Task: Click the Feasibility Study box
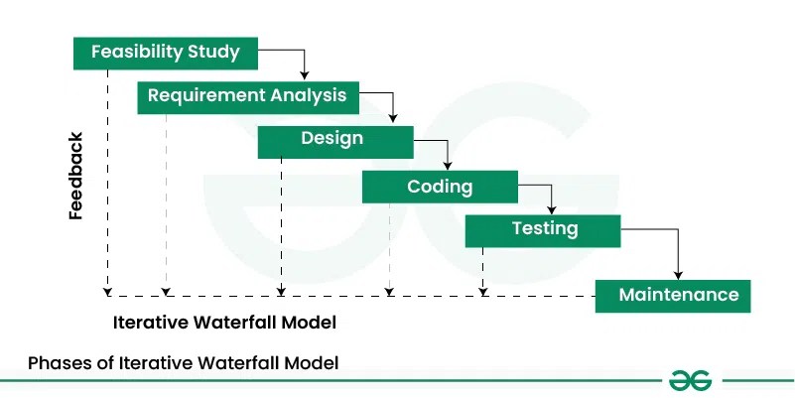click(165, 53)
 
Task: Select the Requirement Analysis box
click(246, 96)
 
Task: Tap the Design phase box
click(334, 140)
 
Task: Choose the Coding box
click(439, 186)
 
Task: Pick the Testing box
click(544, 229)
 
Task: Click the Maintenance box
click(673, 295)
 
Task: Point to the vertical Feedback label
click(75, 176)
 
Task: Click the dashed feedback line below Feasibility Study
click(107, 179)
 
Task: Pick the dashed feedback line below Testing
click(483, 268)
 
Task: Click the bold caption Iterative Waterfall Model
click(224, 323)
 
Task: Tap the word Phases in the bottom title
click(61, 363)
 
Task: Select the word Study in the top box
click(213, 52)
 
